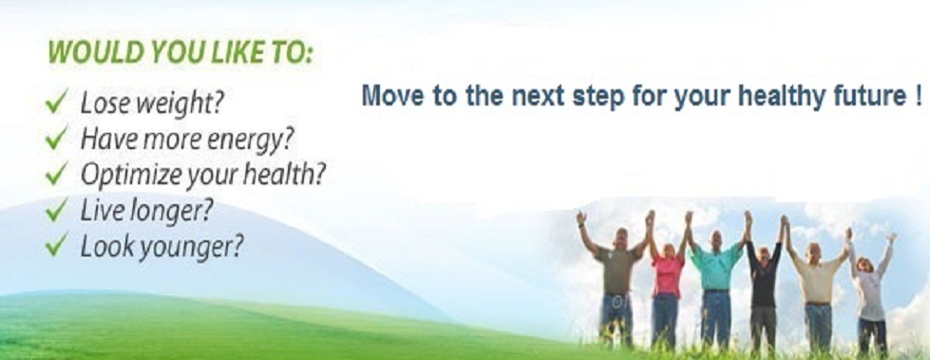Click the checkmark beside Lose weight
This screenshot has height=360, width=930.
[57, 102]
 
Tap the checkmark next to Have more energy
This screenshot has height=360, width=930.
[57, 139]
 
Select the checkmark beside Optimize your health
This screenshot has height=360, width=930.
[57, 175]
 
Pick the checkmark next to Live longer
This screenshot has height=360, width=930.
[57, 210]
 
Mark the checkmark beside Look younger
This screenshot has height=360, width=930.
[57, 245]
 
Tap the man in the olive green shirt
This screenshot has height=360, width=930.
[617, 278]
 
